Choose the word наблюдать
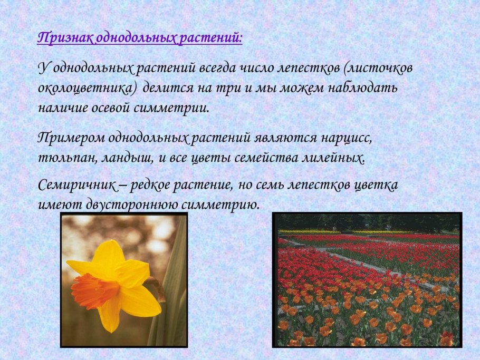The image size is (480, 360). (x=363, y=88)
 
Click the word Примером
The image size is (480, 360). (x=71, y=138)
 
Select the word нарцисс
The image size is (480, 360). (x=347, y=138)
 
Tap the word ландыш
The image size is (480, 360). (x=127, y=158)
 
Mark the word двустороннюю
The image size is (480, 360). (x=133, y=205)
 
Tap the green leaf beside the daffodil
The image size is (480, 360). (x=171, y=285)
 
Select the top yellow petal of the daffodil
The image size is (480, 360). (x=109, y=256)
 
